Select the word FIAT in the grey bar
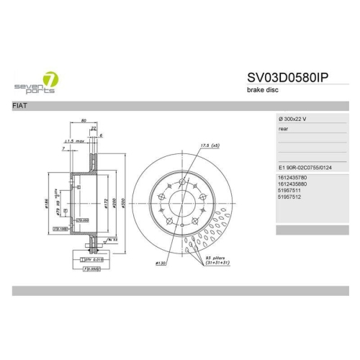point(21,106)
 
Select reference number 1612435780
point(292,177)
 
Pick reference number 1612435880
point(292,184)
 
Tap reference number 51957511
point(289,192)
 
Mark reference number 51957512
point(289,199)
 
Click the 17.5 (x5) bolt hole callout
point(210,145)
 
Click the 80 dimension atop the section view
point(84,120)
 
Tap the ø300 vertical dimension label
point(124,204)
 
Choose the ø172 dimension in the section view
point(106,204)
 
